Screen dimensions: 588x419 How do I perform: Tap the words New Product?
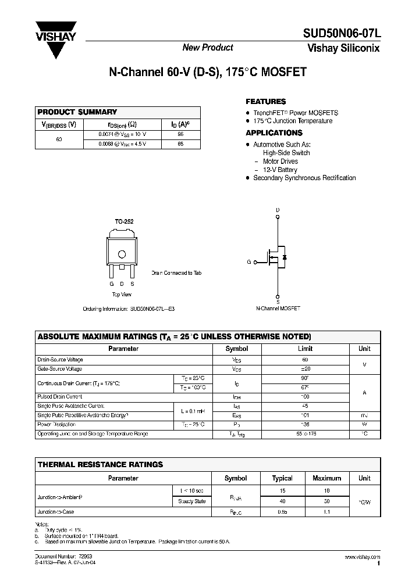tap(208, 48)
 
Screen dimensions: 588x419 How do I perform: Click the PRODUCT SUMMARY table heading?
tap(77, 112)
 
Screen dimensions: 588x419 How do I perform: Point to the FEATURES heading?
tap(265, 102)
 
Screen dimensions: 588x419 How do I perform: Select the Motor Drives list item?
tap(280, 162)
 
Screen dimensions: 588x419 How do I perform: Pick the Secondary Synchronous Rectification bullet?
tap(304, 178)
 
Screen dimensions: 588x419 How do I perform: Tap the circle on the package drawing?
tap(122, 254)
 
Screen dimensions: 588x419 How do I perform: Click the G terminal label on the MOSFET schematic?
tap(248, 263)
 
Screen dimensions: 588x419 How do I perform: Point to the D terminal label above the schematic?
tap(278, 210)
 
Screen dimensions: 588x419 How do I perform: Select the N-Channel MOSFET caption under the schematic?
tap(278, 309)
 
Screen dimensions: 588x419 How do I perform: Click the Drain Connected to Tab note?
tap(176, 273)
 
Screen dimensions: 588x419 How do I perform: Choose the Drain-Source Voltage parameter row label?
tap(60, 360)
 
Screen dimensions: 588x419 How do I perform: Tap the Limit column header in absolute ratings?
tap(305, 349)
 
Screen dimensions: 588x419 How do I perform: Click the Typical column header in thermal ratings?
tap(282, 478)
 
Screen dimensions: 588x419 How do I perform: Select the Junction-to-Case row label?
tap(56, 512)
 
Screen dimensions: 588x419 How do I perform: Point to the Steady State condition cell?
tap(192, 501)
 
